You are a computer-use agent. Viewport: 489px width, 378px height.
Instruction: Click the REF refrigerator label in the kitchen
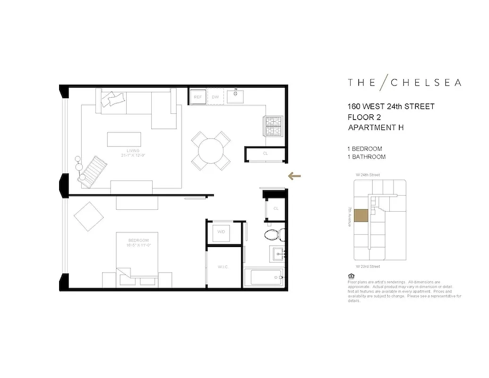point(197,97)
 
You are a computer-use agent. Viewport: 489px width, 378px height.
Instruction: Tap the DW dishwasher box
point(215,97)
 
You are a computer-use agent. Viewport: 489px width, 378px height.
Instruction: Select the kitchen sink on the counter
point(235,96)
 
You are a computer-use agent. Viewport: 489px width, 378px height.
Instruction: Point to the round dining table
point(211,151)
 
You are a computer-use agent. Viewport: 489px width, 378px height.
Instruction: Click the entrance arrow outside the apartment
point(294,176)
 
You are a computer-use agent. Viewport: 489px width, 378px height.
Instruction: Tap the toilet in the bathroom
point(274,234)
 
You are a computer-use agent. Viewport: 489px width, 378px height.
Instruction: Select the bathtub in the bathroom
point(266,277)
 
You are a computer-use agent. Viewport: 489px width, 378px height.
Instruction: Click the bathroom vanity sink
point(276,253)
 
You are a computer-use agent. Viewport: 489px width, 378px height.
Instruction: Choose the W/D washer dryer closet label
point(221,232)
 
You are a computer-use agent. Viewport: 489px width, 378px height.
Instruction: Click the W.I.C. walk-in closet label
point(223,267)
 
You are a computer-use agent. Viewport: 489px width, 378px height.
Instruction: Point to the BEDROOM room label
point(138,240)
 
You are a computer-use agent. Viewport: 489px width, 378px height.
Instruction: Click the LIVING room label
point(127,151)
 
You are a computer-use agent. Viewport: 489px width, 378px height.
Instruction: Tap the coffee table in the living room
point(124,140)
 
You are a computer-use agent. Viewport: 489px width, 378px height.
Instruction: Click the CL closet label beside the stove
point(265,154)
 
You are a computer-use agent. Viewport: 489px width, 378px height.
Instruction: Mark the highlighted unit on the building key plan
point(361,215)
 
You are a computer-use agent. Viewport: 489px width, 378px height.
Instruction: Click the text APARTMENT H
point(376,127)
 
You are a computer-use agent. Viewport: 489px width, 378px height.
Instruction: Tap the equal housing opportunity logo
point(350,276)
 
